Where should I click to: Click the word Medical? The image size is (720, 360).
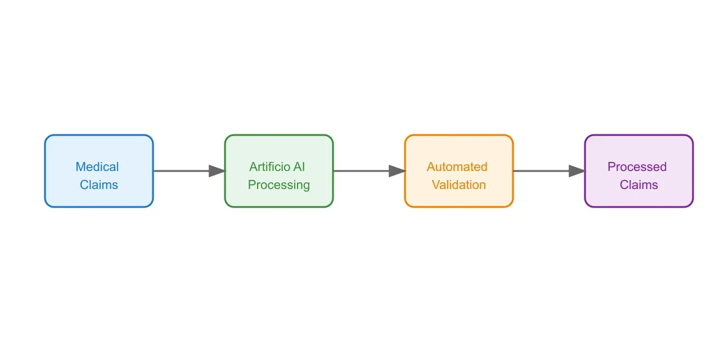(97, 167)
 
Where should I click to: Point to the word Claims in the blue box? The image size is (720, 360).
(99, 185)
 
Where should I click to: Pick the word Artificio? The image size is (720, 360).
(269, 167)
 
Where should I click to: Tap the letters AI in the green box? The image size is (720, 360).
(299, 167)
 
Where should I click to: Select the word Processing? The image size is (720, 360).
(279, 185)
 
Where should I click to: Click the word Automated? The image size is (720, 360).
(457, 167)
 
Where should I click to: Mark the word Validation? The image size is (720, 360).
(459, 185)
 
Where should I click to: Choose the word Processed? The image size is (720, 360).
(637, 167)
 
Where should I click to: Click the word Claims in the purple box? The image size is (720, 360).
(639, 185)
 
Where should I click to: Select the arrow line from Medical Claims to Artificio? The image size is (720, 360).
(180, 171)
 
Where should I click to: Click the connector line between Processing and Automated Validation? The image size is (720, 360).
(360, 171)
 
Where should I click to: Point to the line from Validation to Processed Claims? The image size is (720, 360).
(540, 171)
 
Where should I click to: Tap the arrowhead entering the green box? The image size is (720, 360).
(217, 171)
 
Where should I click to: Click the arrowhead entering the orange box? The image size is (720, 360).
(397, 171)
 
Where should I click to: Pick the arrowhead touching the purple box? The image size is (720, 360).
(577, 171)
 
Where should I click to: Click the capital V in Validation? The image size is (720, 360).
(436, 185)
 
